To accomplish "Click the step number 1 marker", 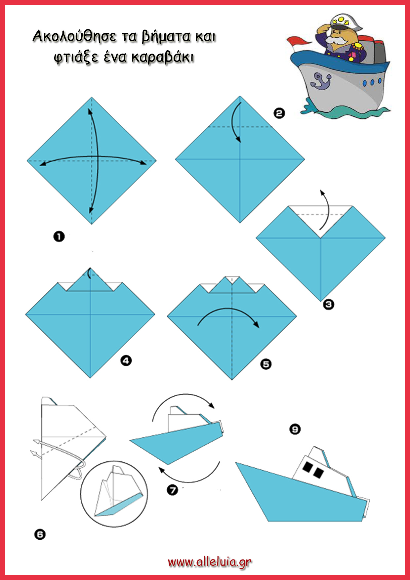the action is coord(59,236).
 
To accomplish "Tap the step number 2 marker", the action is coord(279,113).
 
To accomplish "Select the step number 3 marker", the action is coord(328,304).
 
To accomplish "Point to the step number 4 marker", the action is coord(126,360).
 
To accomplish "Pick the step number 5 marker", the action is coord(266,364).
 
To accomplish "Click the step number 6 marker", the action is coord(40,534).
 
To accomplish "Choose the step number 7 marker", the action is coord(173,490).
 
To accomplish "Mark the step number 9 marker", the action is coord(295,429).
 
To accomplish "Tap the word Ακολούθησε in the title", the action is coord(75,36).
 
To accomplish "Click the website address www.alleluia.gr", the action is coord(210,562).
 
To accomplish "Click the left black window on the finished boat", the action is coord(308,467).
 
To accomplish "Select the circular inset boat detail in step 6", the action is coord(114,494).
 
